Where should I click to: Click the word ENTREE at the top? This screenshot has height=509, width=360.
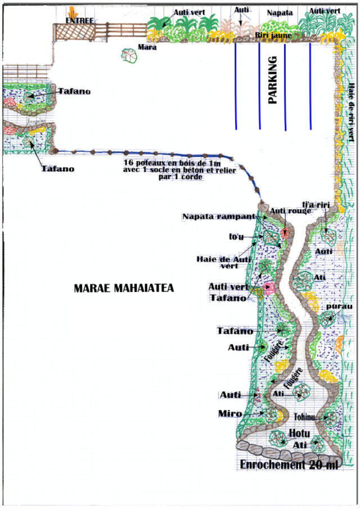click(79, 20)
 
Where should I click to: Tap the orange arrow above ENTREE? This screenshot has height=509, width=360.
click(72, 11)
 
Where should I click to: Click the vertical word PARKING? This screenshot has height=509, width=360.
click(273, 80)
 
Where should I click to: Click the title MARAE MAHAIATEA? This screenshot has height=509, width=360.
click(124, 288)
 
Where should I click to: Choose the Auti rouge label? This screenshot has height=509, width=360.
click(286, 211)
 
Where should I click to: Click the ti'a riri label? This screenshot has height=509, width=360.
click(314, 205)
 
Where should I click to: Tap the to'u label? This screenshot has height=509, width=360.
click(236, 237)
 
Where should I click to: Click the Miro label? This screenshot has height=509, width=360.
click(230, 414)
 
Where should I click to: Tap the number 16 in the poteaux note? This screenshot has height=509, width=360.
click(128, 163)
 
